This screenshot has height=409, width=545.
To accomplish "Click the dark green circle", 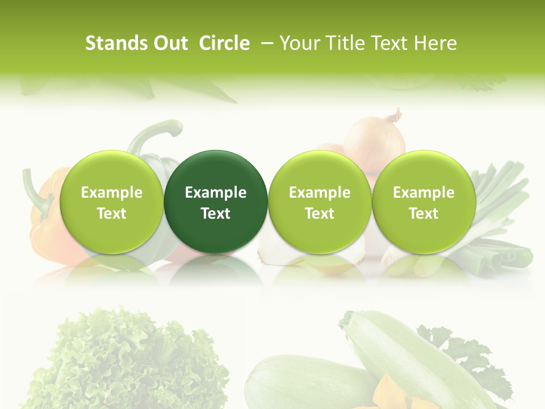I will point(216,202).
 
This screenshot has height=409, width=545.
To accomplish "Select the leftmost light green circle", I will point(111,202).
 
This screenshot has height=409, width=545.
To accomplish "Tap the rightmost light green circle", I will point(424,202).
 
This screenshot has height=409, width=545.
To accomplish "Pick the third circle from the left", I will point(320,202).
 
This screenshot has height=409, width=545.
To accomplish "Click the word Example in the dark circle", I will point(216,193).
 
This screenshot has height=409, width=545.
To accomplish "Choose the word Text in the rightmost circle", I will point(424,214).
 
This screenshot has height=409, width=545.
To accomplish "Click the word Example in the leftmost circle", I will point(111,193).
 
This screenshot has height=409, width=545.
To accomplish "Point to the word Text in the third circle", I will point(320,214).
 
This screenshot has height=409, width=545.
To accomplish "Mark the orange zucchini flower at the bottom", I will point(392,392).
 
